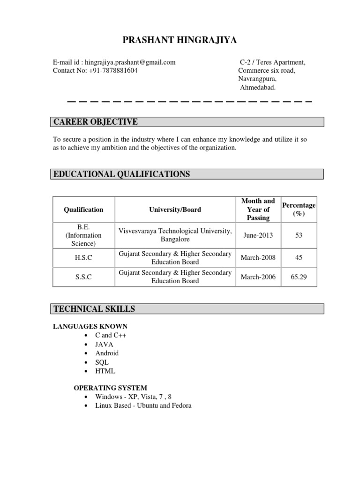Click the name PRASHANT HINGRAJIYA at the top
[180, 41]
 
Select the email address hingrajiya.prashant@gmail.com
[131, 62]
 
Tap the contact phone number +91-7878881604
[113, 70]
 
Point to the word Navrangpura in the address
[257, 79]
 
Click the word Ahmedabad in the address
[258, 87]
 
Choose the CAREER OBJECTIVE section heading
[96, 122]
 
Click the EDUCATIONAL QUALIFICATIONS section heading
[122, 174]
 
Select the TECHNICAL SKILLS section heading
[94, 308]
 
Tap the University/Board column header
[175, 210]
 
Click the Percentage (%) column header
[299, 210]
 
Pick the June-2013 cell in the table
[258, 235]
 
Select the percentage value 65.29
[299, 277]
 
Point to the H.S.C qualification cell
[83, 258]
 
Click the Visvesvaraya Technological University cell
[175, 235]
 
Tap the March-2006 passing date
[258, 277]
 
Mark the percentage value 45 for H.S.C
[299, 258]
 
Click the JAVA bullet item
[104, 344]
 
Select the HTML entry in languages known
[105, 371]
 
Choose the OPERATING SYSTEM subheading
[111, 388]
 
